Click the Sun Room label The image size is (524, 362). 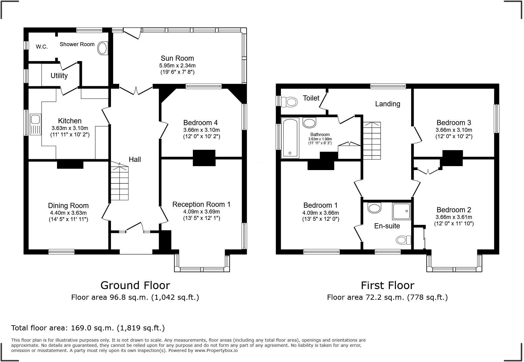point(177,58)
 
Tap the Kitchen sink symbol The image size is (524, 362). point(35,124)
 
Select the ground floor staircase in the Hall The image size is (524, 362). point(119,181)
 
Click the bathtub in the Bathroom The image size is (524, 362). point(290,138)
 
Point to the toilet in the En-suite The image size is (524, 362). point(403,240)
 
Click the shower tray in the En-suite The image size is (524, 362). point(401,211)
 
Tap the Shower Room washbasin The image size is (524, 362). point(103,48)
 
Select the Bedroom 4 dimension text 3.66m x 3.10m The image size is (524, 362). point(202,130)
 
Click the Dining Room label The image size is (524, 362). point(68,206)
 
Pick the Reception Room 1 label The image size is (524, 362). point(201,204)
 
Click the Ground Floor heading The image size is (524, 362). point(135,285)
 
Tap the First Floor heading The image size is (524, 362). point(388,285)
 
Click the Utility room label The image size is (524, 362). point(59,76)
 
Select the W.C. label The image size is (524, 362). point(42,47)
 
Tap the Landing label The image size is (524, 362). point(388,104)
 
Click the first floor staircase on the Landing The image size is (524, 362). point(372,141)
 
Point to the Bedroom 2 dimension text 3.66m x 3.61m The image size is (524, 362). point(454,217)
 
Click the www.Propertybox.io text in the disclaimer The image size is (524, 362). point(216,350)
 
